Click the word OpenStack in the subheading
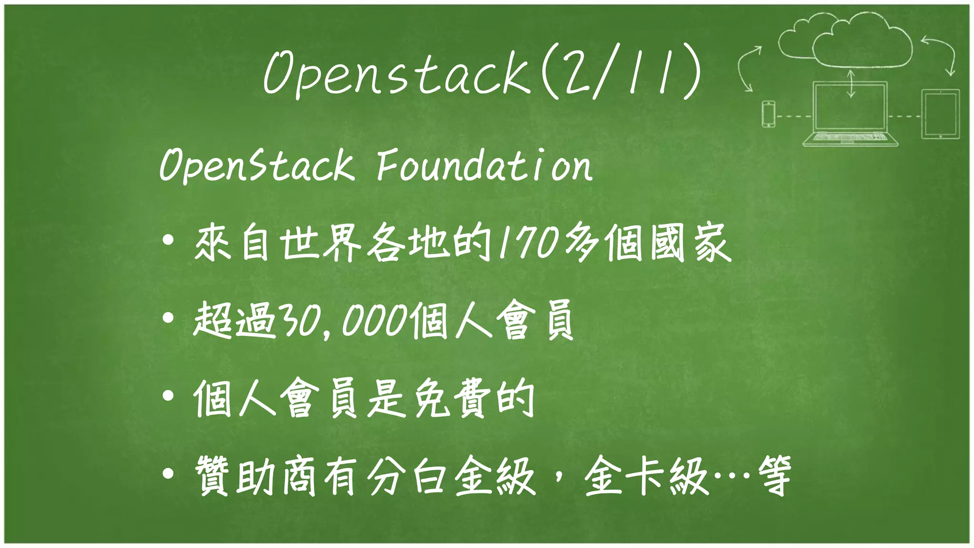coord(257,165)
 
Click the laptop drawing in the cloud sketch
coord(850,114)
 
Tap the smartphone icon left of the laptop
coord(769,114)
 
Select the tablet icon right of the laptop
coord(940,114)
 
